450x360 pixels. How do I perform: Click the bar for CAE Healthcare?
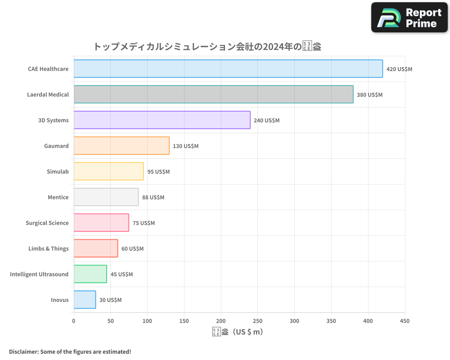228,69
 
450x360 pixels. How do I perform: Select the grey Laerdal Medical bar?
213,94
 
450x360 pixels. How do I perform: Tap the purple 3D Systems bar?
162,120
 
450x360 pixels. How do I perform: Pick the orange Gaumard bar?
121,146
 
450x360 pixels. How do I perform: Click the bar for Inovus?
85,300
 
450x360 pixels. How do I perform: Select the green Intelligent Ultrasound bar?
90,274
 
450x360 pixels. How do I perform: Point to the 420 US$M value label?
399,69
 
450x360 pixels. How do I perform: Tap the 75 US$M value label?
144,223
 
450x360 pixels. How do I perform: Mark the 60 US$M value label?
132,249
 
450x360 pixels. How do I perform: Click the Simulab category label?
58,171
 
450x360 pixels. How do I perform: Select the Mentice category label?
58,197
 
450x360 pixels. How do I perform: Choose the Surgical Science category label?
47,223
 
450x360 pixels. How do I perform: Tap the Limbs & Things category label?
49,248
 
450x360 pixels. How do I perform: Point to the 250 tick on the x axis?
258,321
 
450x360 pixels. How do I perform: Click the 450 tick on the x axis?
405,321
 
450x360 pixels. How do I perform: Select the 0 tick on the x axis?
74,321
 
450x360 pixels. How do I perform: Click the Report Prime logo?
409,18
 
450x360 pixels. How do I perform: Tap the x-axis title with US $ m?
238,332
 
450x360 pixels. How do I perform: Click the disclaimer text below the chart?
70,351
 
